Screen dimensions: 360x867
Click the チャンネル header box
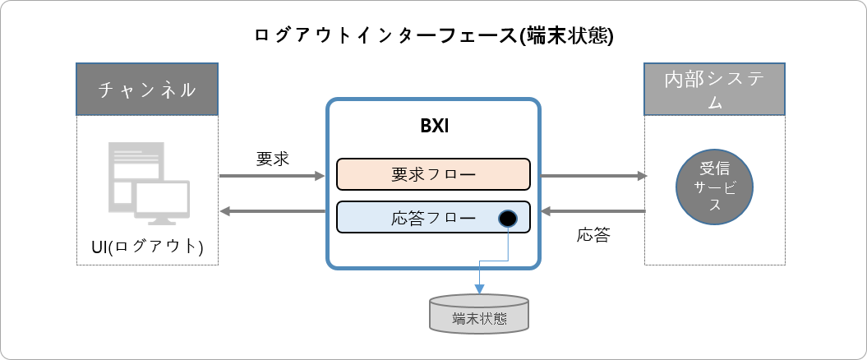click(147, 89)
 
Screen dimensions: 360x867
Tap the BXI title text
click(433, 129)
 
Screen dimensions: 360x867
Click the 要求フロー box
click(433, 174)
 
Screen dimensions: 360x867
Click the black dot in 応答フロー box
click(507, 219)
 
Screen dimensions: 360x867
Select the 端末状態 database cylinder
click(479, 315)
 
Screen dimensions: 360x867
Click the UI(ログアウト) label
click(147, 246)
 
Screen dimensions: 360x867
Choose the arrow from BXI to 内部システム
click(592, 175)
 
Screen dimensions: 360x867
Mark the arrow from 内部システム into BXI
click(592, 212)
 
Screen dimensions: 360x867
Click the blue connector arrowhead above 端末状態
click(478, 288)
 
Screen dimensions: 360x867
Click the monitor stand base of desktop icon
click(163, 223)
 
